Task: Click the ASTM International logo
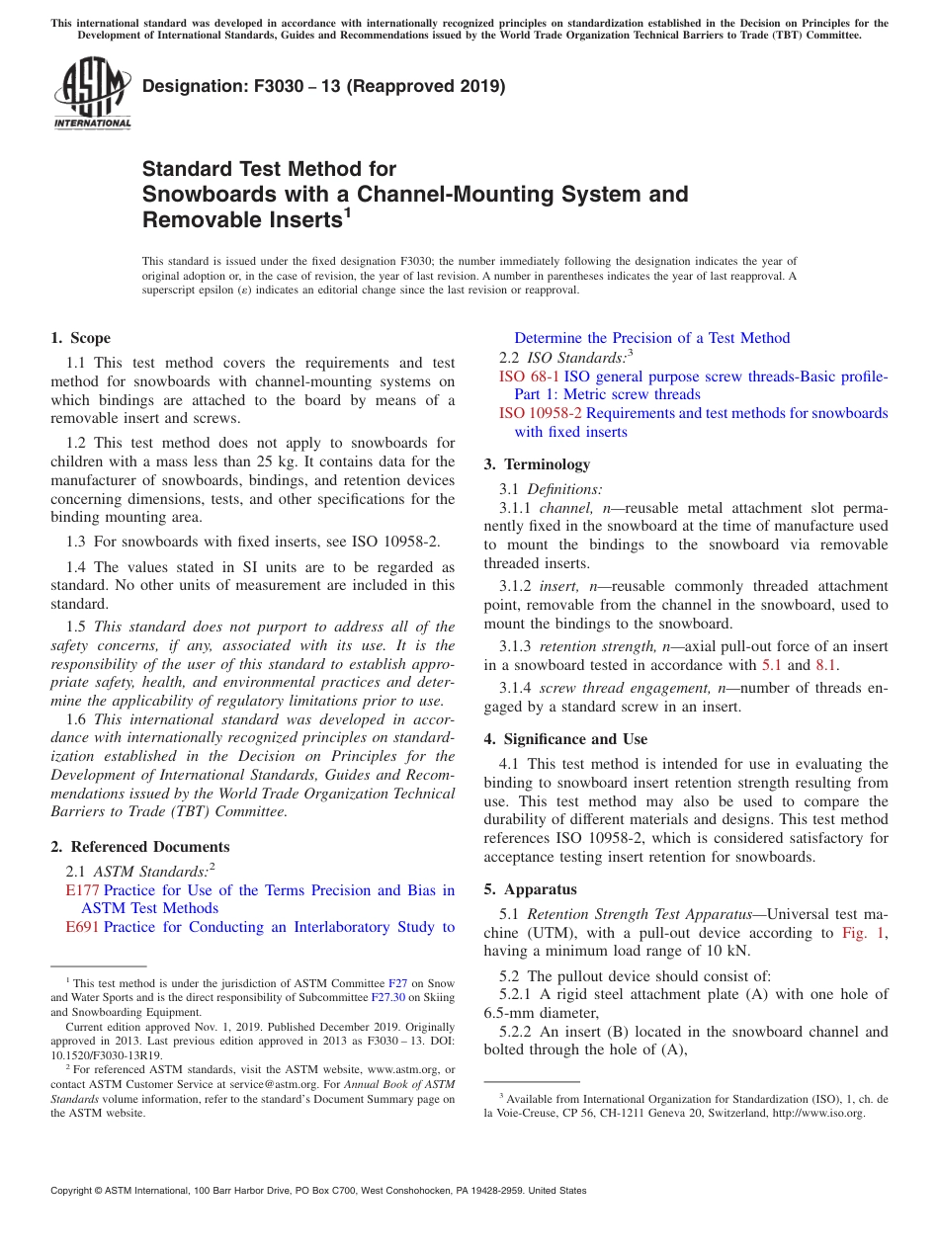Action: (x=91, y=95)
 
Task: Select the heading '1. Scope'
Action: (x=81, y=339)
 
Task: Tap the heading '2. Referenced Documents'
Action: (x=140, y=847)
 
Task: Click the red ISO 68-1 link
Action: (x=529, y=377)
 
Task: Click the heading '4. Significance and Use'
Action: (x=565, y=739)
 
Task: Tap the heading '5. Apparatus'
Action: (x=530, y=889)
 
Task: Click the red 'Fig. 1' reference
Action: (x=863, y=933)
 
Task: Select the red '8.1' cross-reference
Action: (x=826, y=666)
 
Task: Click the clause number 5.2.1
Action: (x=516, y=994)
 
